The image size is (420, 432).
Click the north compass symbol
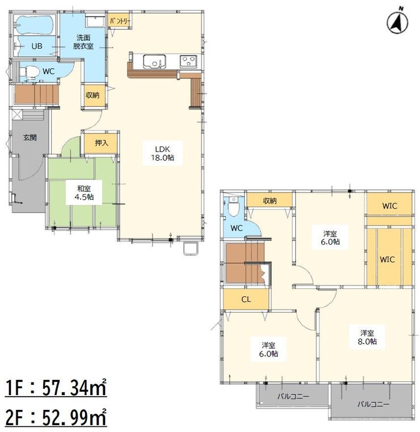pos(397,22)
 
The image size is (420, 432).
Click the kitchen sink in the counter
pos(154,61)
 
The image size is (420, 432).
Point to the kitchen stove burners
pos(188,61)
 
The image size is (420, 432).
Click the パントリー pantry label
pos(120,21)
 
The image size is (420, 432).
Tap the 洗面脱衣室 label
pos(83,42)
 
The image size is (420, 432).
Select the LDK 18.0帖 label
pos(162,153)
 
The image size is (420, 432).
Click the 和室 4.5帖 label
pos(84,192)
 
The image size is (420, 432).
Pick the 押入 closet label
pos(102,142)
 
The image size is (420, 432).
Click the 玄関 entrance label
pos(30,137)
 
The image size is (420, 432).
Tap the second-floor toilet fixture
pos(233,207)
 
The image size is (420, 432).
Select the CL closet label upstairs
pos(246,300)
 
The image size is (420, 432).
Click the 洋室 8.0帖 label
pos(367,338)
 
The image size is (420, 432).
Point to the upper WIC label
pos(390,206)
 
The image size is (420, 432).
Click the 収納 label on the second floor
pos(270,201)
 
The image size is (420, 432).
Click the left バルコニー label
pos(293,396)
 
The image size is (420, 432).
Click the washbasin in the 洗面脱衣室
pos(95,22)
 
